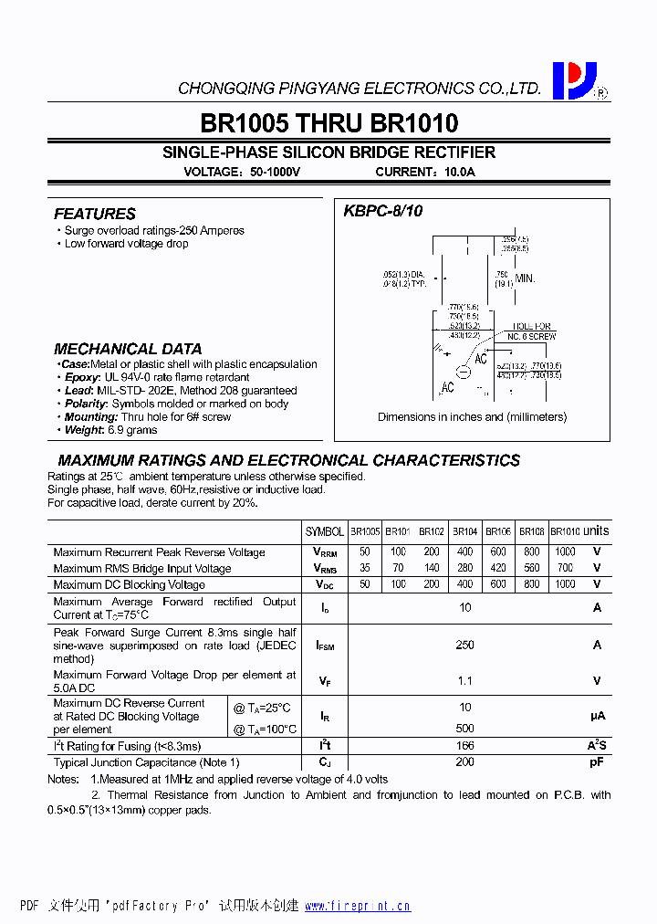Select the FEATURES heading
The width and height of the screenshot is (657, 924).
tap(95, 214)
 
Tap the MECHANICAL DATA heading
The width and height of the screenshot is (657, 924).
tap(128, 349)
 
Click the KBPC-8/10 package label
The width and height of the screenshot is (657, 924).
tap(382, 211)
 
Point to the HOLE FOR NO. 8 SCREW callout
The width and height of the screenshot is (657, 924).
tap(532, 331)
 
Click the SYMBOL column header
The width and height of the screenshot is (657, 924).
tap(325, 531)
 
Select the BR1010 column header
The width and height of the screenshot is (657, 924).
tap(565, 531)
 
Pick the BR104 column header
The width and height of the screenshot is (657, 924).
tap(465, 531)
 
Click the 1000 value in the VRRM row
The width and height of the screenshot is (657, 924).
tap(565, 551)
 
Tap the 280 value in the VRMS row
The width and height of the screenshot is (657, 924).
tap(465, 568)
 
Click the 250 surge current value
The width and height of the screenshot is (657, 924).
tap(465, 645)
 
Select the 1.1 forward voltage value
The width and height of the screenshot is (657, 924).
tap(465, 681)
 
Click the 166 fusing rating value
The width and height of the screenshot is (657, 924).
tap(465, 746)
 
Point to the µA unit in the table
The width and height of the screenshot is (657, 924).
tap(598, 717)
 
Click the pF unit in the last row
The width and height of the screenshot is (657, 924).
tap(598, 762)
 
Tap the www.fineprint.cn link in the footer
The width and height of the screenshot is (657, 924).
tap(358, 907)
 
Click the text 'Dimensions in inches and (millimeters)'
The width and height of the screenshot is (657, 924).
tap(472, 417)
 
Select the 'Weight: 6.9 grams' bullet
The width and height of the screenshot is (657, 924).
tap(110, 430)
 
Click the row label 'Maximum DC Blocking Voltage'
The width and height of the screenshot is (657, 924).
tap(129, 584)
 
